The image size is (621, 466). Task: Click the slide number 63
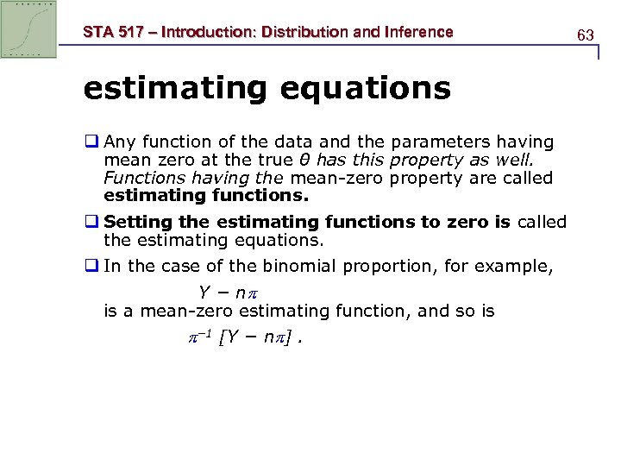click(586, 35)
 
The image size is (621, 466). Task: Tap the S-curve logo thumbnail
click(29, 29)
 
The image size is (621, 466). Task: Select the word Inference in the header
click(414, 32)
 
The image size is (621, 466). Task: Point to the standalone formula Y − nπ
click(228, 292)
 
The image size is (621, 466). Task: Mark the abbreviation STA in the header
click(97, 32)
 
